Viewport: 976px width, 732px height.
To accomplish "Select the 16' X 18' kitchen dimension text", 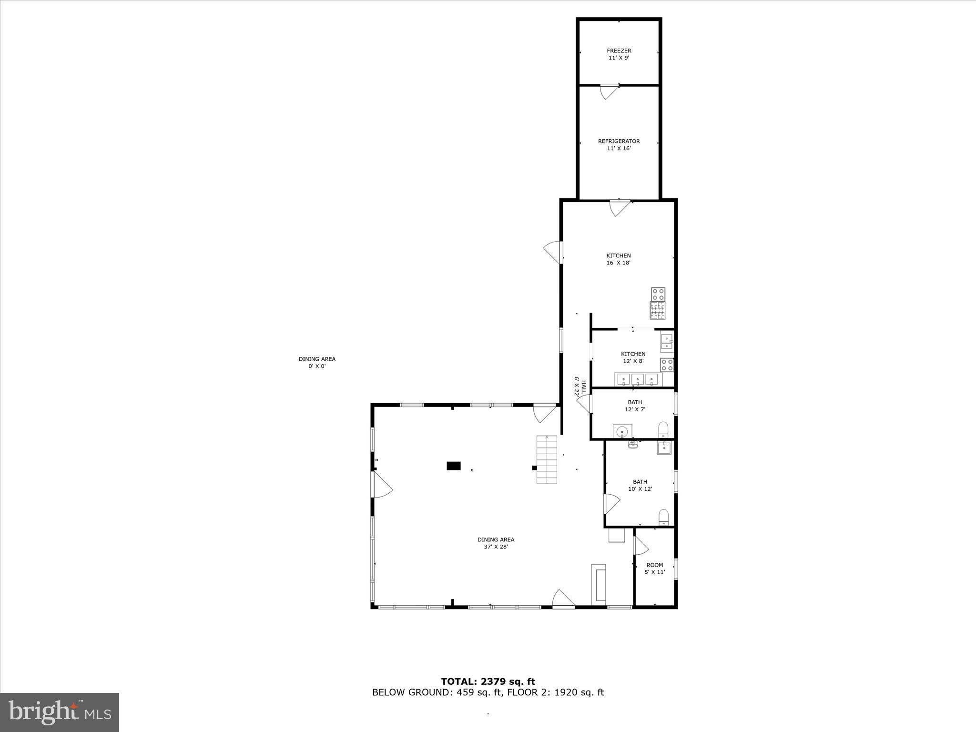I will tap(619, 263).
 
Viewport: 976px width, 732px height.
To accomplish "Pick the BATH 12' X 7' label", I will tap(635, 406).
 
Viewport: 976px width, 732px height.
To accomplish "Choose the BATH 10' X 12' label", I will tap(640, 485).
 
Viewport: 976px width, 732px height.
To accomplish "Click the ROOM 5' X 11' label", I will tap(654, 569).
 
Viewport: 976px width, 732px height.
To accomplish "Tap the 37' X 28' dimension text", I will tap(496, 547).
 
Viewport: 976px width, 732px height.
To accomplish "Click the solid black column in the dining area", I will tap(453, 466).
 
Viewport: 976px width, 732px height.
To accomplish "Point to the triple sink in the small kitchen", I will tap(638, 379).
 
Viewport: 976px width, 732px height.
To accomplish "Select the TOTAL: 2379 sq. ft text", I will tap(488, 681).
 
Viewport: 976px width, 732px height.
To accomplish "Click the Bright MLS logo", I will tap(60, 712).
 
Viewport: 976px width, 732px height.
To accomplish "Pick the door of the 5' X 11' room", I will tap(640, 546).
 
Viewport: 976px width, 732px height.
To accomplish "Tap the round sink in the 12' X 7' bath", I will tap(622, 432).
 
